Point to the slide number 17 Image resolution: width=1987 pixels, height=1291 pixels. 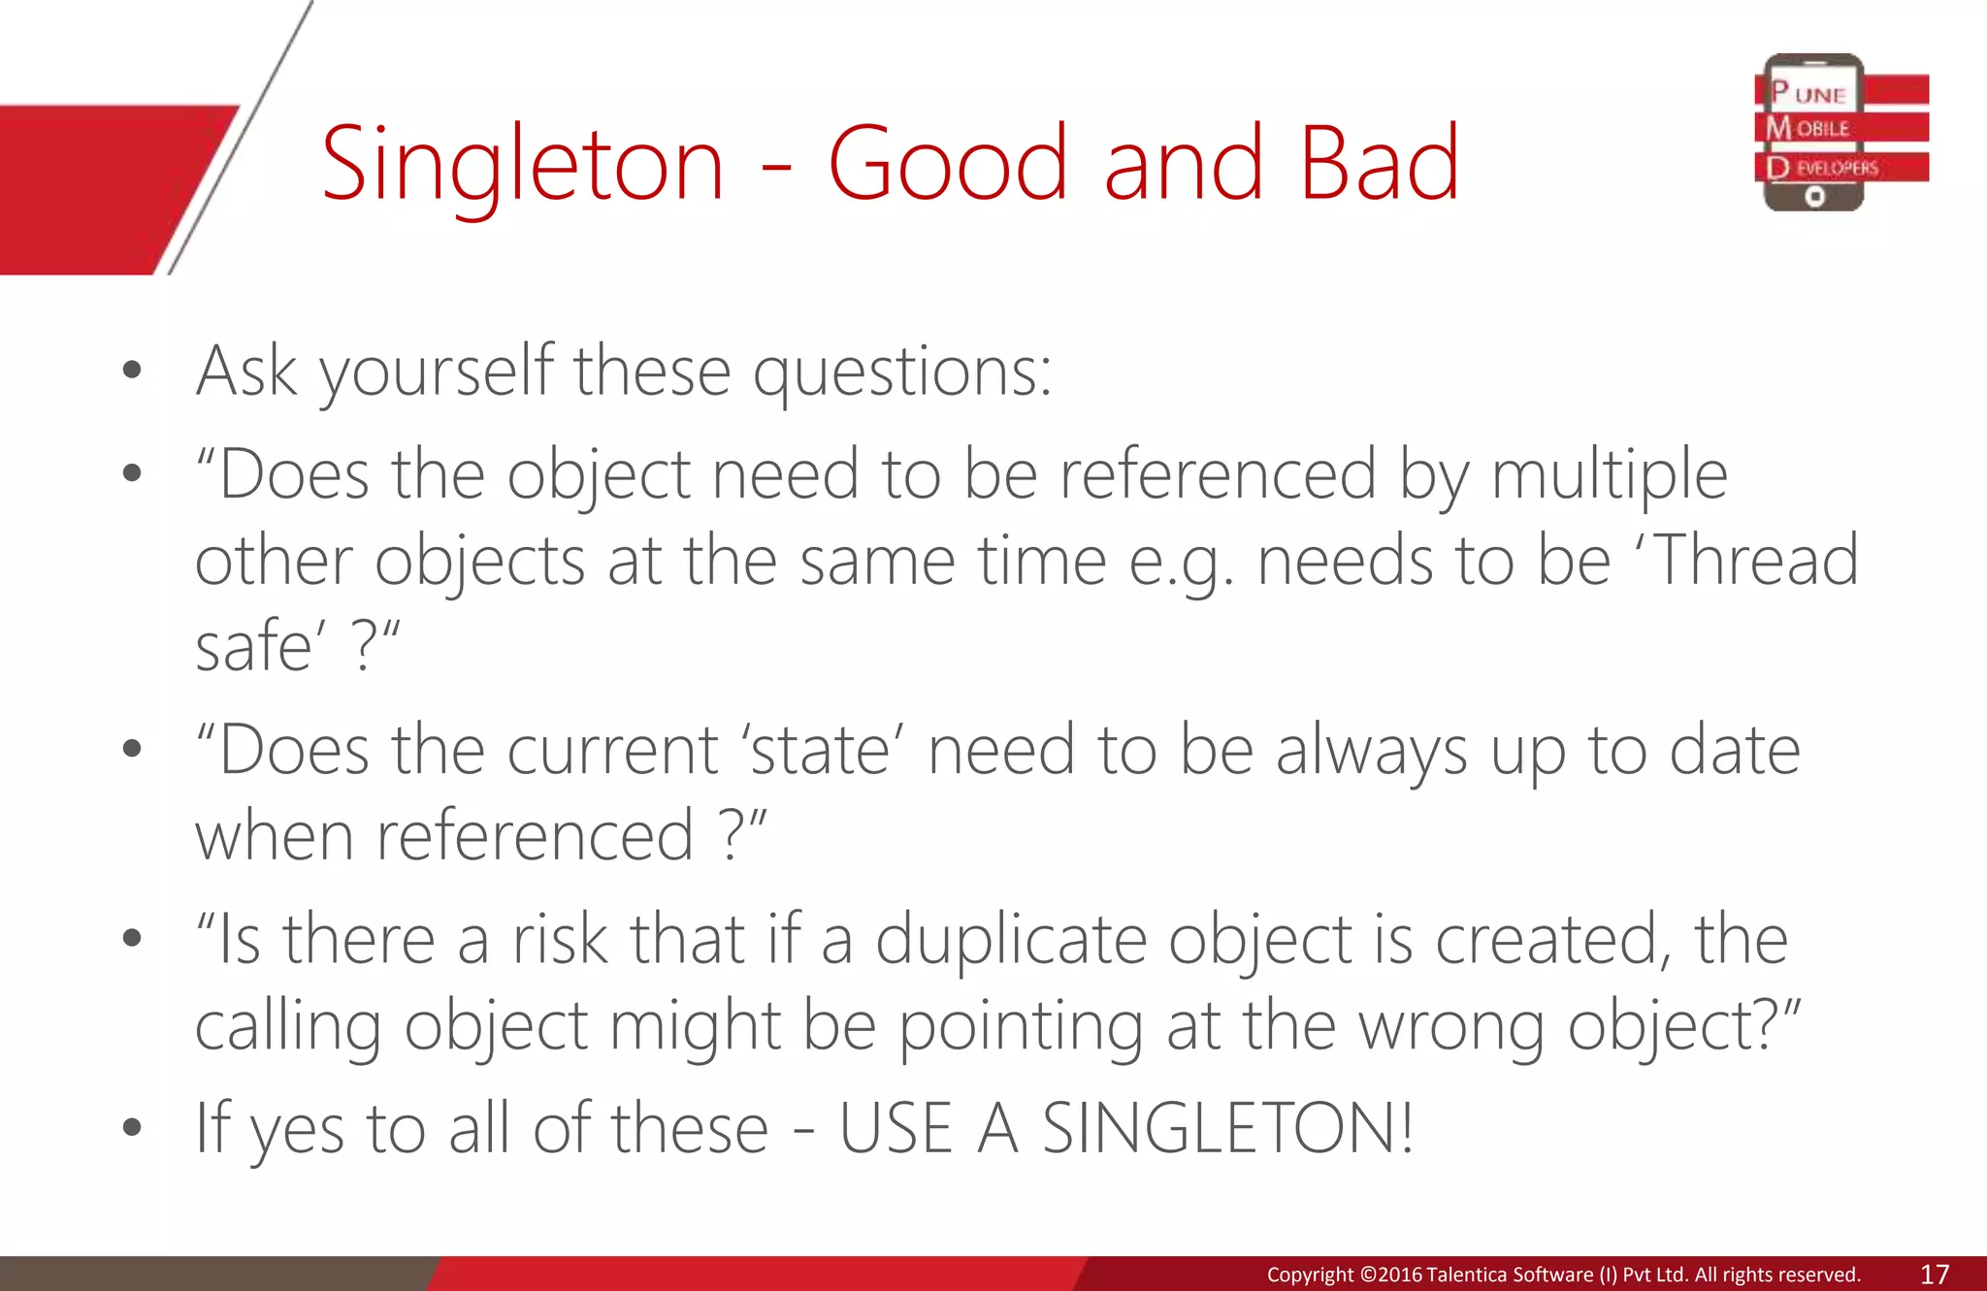1935,1275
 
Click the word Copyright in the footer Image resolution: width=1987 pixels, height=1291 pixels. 1309,1275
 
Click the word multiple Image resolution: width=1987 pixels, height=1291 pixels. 1609,475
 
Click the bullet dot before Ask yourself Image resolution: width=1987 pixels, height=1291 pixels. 133,370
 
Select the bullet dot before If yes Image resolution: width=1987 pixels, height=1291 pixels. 133,1127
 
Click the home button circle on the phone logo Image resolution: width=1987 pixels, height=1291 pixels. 1814,197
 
